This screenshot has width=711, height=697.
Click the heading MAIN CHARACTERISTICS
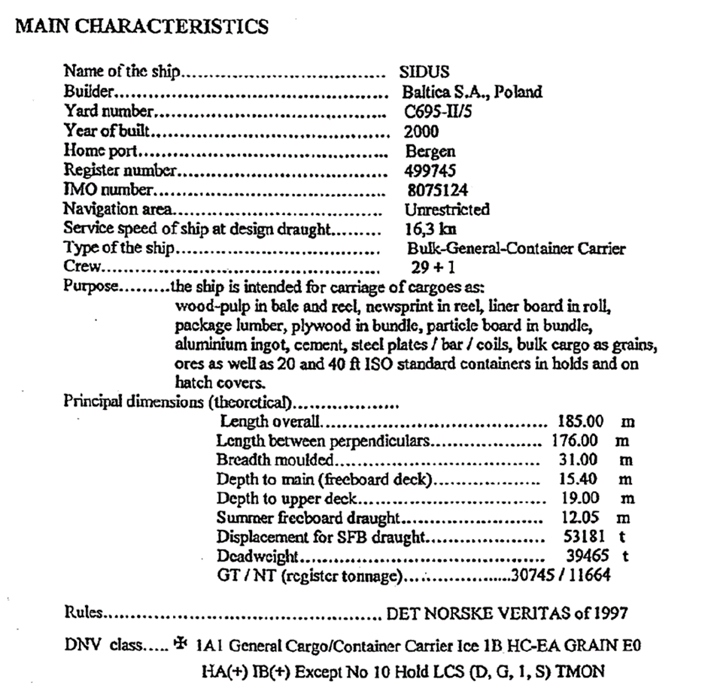[142, 27]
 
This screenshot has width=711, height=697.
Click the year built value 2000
[421, 132]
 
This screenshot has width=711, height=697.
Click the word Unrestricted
[447, 210]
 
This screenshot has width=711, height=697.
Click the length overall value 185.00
[578, 422]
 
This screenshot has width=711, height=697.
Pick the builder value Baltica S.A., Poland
[472, 93]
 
